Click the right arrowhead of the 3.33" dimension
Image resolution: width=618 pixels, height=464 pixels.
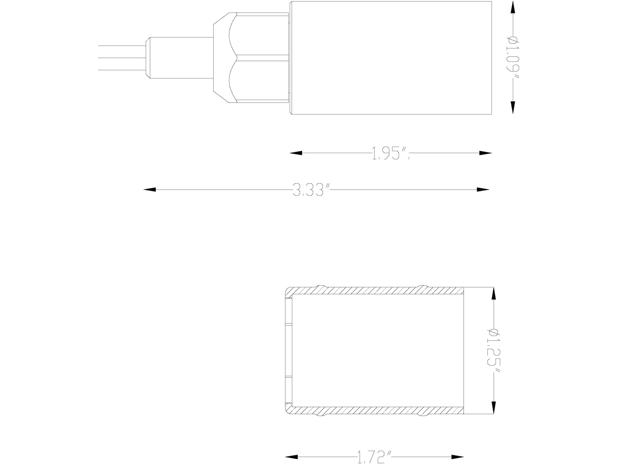coord(483,189)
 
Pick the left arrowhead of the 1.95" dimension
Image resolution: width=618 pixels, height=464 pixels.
coord(296,153)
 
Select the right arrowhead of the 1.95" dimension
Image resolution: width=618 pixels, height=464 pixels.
coord(486,153)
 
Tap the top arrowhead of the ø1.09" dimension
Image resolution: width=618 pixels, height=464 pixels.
coord(513,8)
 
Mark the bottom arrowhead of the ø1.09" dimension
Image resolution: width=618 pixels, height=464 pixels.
coord(513,107)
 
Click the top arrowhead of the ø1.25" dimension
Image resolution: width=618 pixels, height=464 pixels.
coord(493,294)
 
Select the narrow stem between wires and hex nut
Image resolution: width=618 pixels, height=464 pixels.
coord(180,58)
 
